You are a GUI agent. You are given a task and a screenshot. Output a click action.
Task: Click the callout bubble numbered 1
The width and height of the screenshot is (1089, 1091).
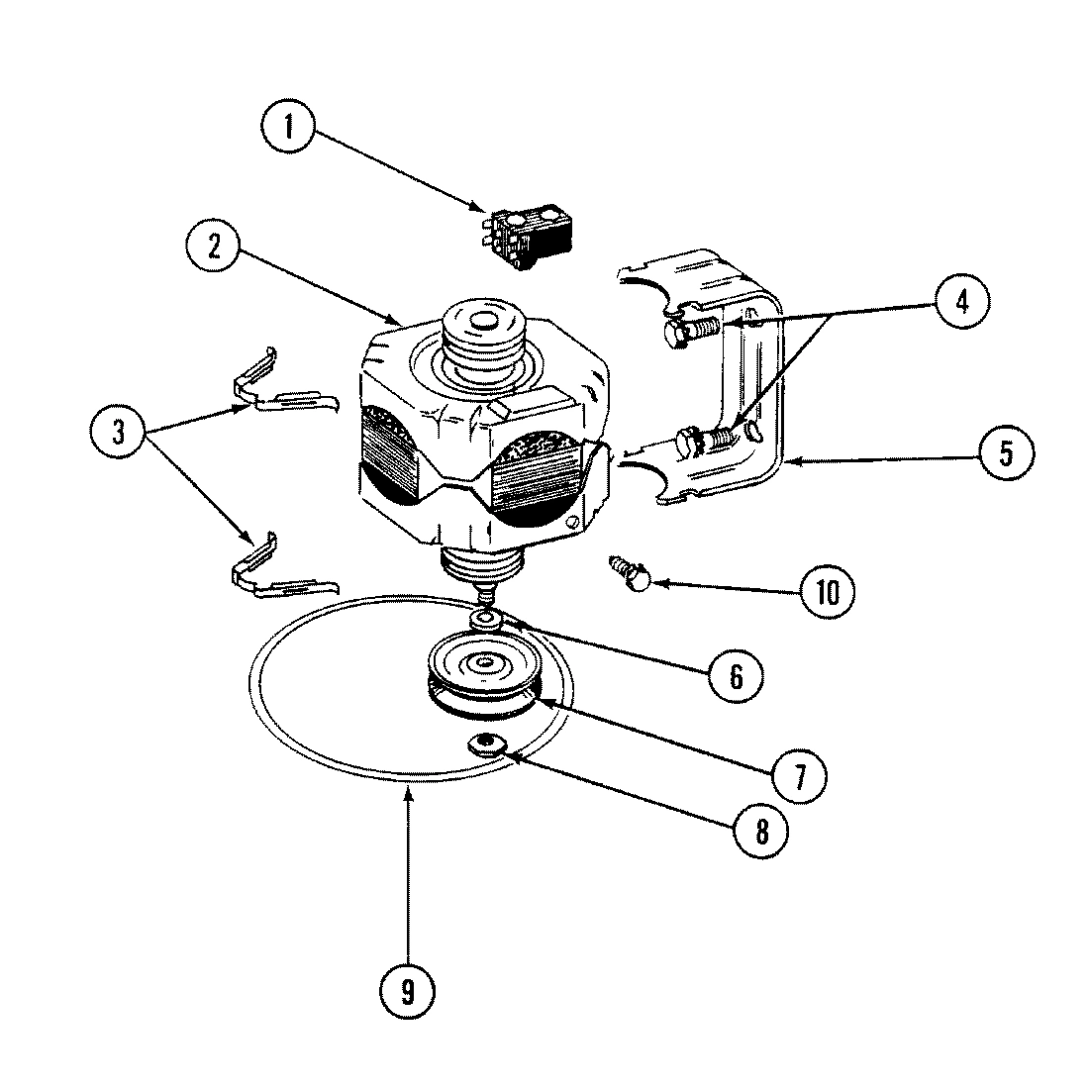pos(289,128)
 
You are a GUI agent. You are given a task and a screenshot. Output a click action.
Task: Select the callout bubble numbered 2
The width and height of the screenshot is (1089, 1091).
pos(214,245)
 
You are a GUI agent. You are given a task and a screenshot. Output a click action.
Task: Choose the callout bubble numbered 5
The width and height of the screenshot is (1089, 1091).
pos(1005,452)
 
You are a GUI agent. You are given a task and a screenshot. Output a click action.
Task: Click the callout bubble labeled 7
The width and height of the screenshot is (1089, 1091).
pos(799,771)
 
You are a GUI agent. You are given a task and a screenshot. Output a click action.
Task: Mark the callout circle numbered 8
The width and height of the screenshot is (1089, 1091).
pos(761,832)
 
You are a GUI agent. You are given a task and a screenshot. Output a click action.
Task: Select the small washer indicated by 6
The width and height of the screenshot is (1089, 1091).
pos(485,620)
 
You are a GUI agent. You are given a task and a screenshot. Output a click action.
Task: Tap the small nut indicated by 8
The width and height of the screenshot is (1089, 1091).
pos(486,743)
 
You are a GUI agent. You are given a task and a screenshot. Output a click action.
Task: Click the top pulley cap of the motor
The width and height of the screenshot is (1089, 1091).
pos(482,327)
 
